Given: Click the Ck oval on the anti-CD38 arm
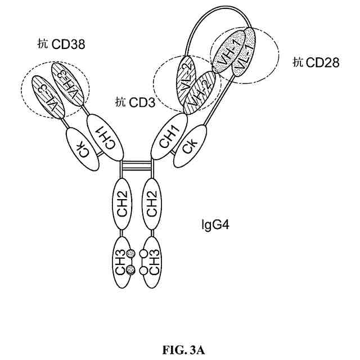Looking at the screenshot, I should click(x=83, y=148).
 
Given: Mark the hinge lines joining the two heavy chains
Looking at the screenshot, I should click(x=137, y=167).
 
